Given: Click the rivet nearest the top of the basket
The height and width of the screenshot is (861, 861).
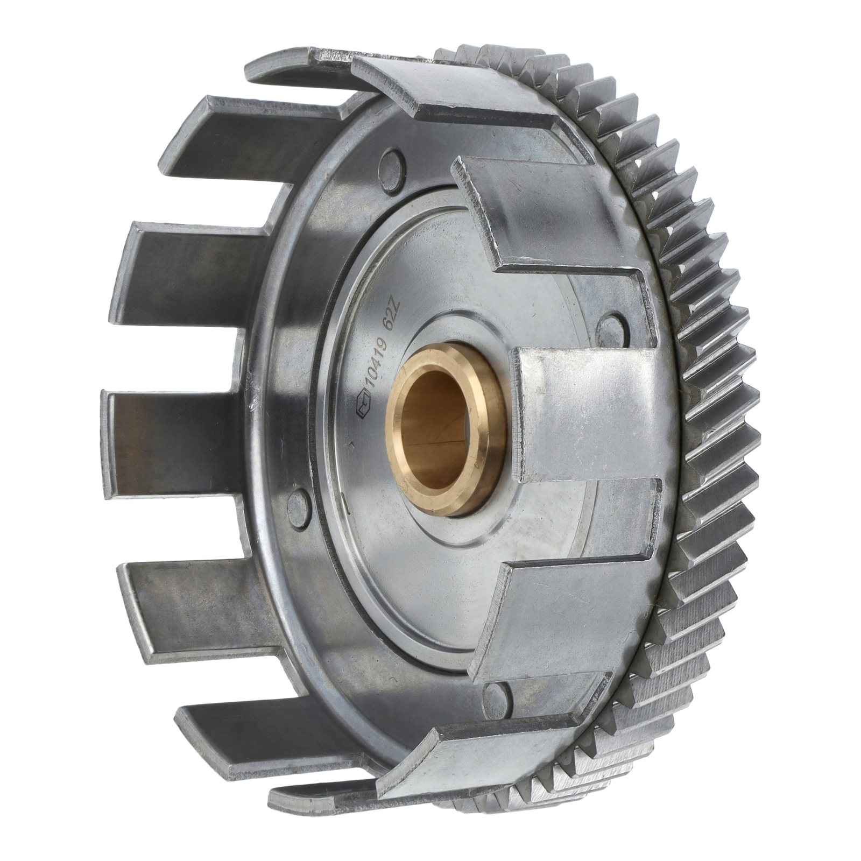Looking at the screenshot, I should (x=392, y=161).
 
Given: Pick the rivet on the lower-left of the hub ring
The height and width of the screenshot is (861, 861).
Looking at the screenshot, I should (x=298, y=504).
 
